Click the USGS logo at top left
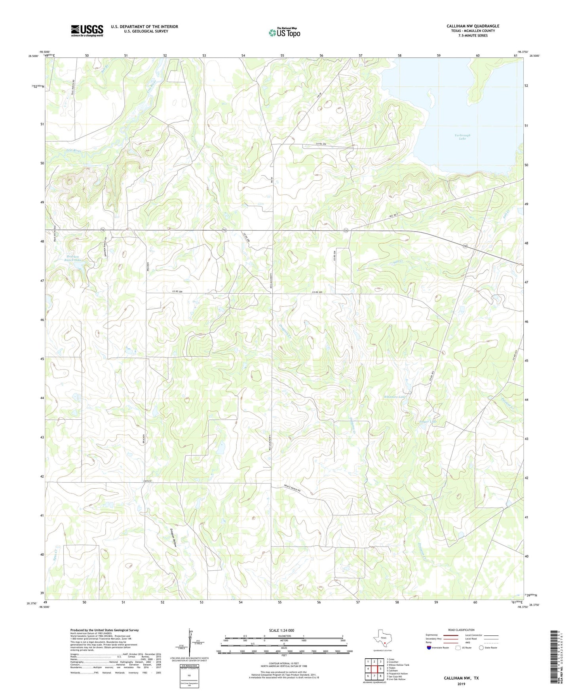pyautogui.click(x=87, y=31)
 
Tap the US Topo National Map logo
pyautogui.click(x=284, y=32)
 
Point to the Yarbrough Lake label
pyautogui.click(x=462, y=137)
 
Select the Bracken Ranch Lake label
pyautogui.click(x=73, y=258)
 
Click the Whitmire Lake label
pyautogui.click(x=395, y=397)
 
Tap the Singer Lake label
pyautogui.click(x=428, y=422)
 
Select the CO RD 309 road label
pyautogui.click(x=323, y=143)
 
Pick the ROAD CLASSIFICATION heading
pyautogui.click(x=462, y=630)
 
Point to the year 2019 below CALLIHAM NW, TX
pyautogui.click(x=461, y=684)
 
